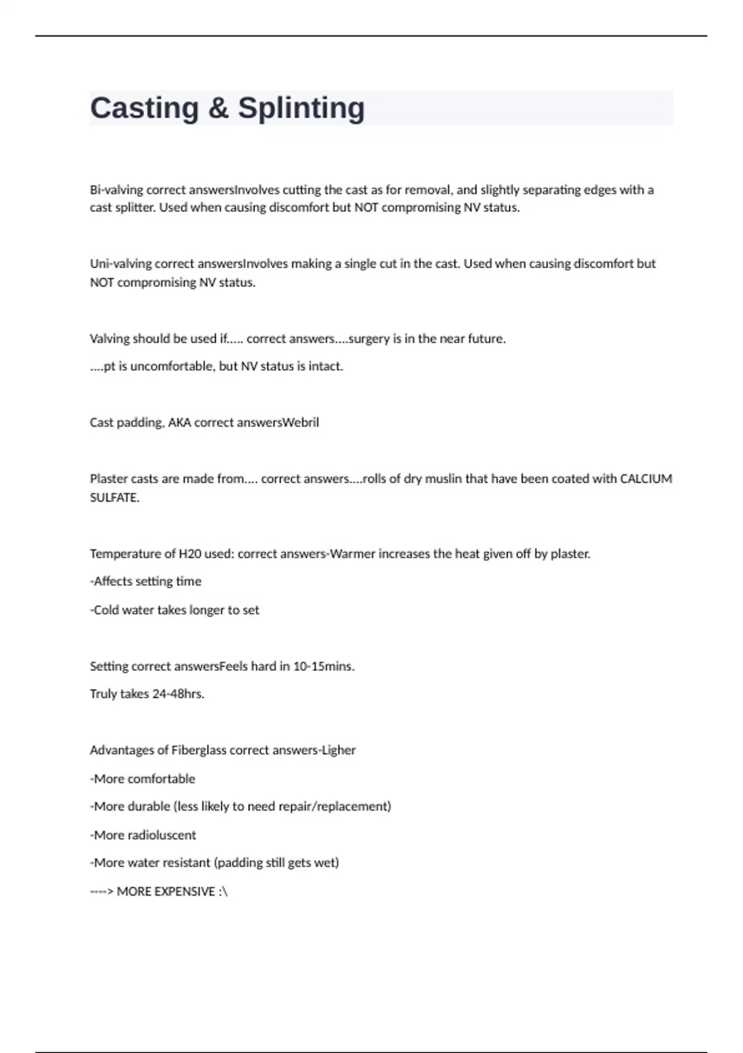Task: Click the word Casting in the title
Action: pos(144,108)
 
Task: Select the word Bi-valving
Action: pos(116,190)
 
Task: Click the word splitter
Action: pos(134,208)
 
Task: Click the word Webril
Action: pos(301,422)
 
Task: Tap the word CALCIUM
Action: pos(646,479)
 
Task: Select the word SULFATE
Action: pos(114,497)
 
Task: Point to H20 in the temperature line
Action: pos(190,554)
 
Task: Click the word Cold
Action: pos(106,610)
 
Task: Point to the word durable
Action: pos(149,806)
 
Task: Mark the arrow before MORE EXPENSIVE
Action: pos(102,891)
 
